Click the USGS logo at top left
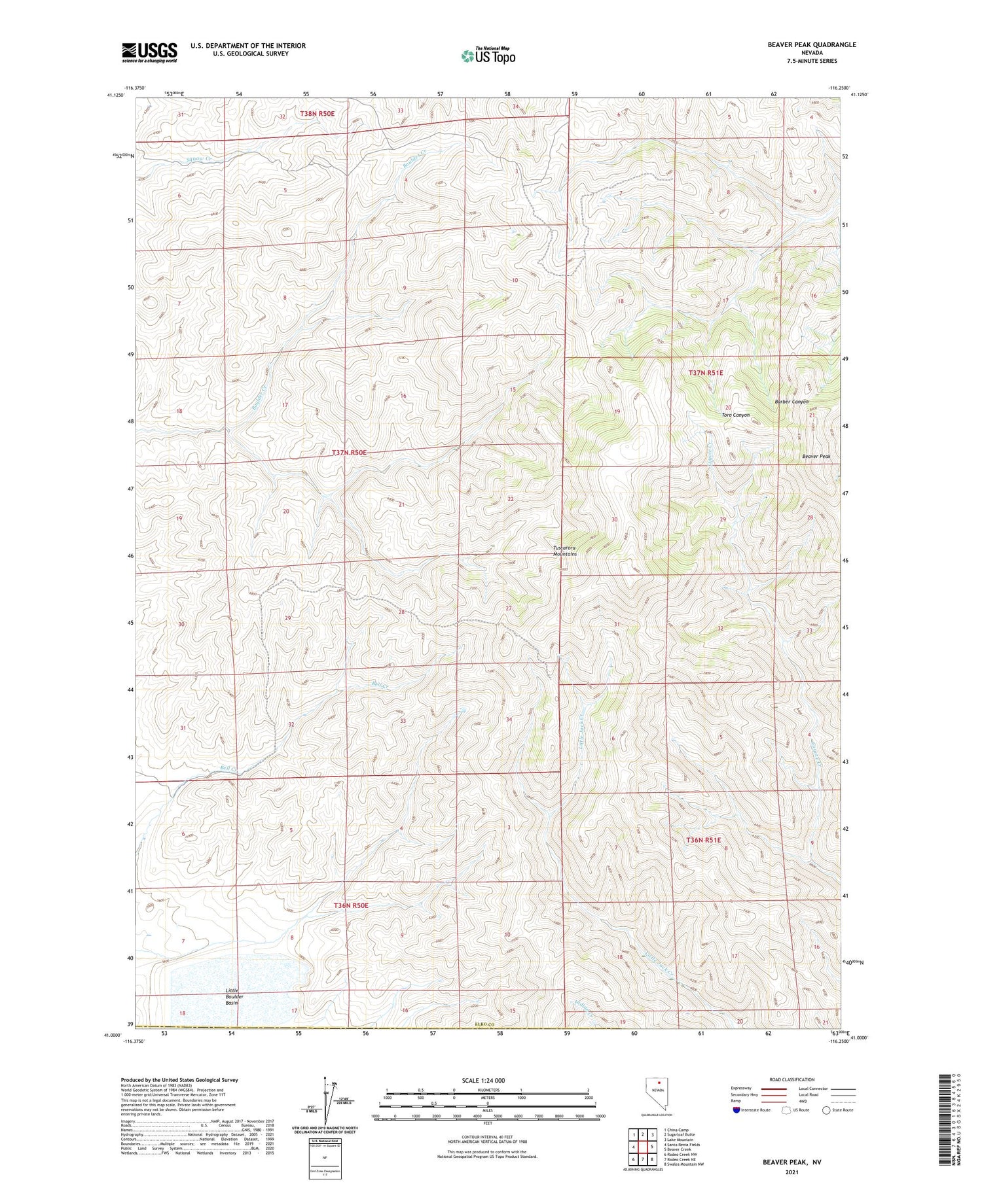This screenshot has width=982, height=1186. coord(149,52)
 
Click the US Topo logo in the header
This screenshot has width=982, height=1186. coord(488,56)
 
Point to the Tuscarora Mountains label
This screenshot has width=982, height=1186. coord(565,551)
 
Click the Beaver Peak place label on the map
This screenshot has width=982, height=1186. coord(816,456)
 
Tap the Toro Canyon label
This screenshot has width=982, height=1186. coord(735,415)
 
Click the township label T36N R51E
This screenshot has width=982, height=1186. coord(703,839)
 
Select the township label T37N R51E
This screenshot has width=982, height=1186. coord(706,372)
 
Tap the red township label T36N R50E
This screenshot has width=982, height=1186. coord(351,905)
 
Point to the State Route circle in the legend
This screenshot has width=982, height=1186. coord(827,1110)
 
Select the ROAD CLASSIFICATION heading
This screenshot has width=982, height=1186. coord(792,1079)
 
